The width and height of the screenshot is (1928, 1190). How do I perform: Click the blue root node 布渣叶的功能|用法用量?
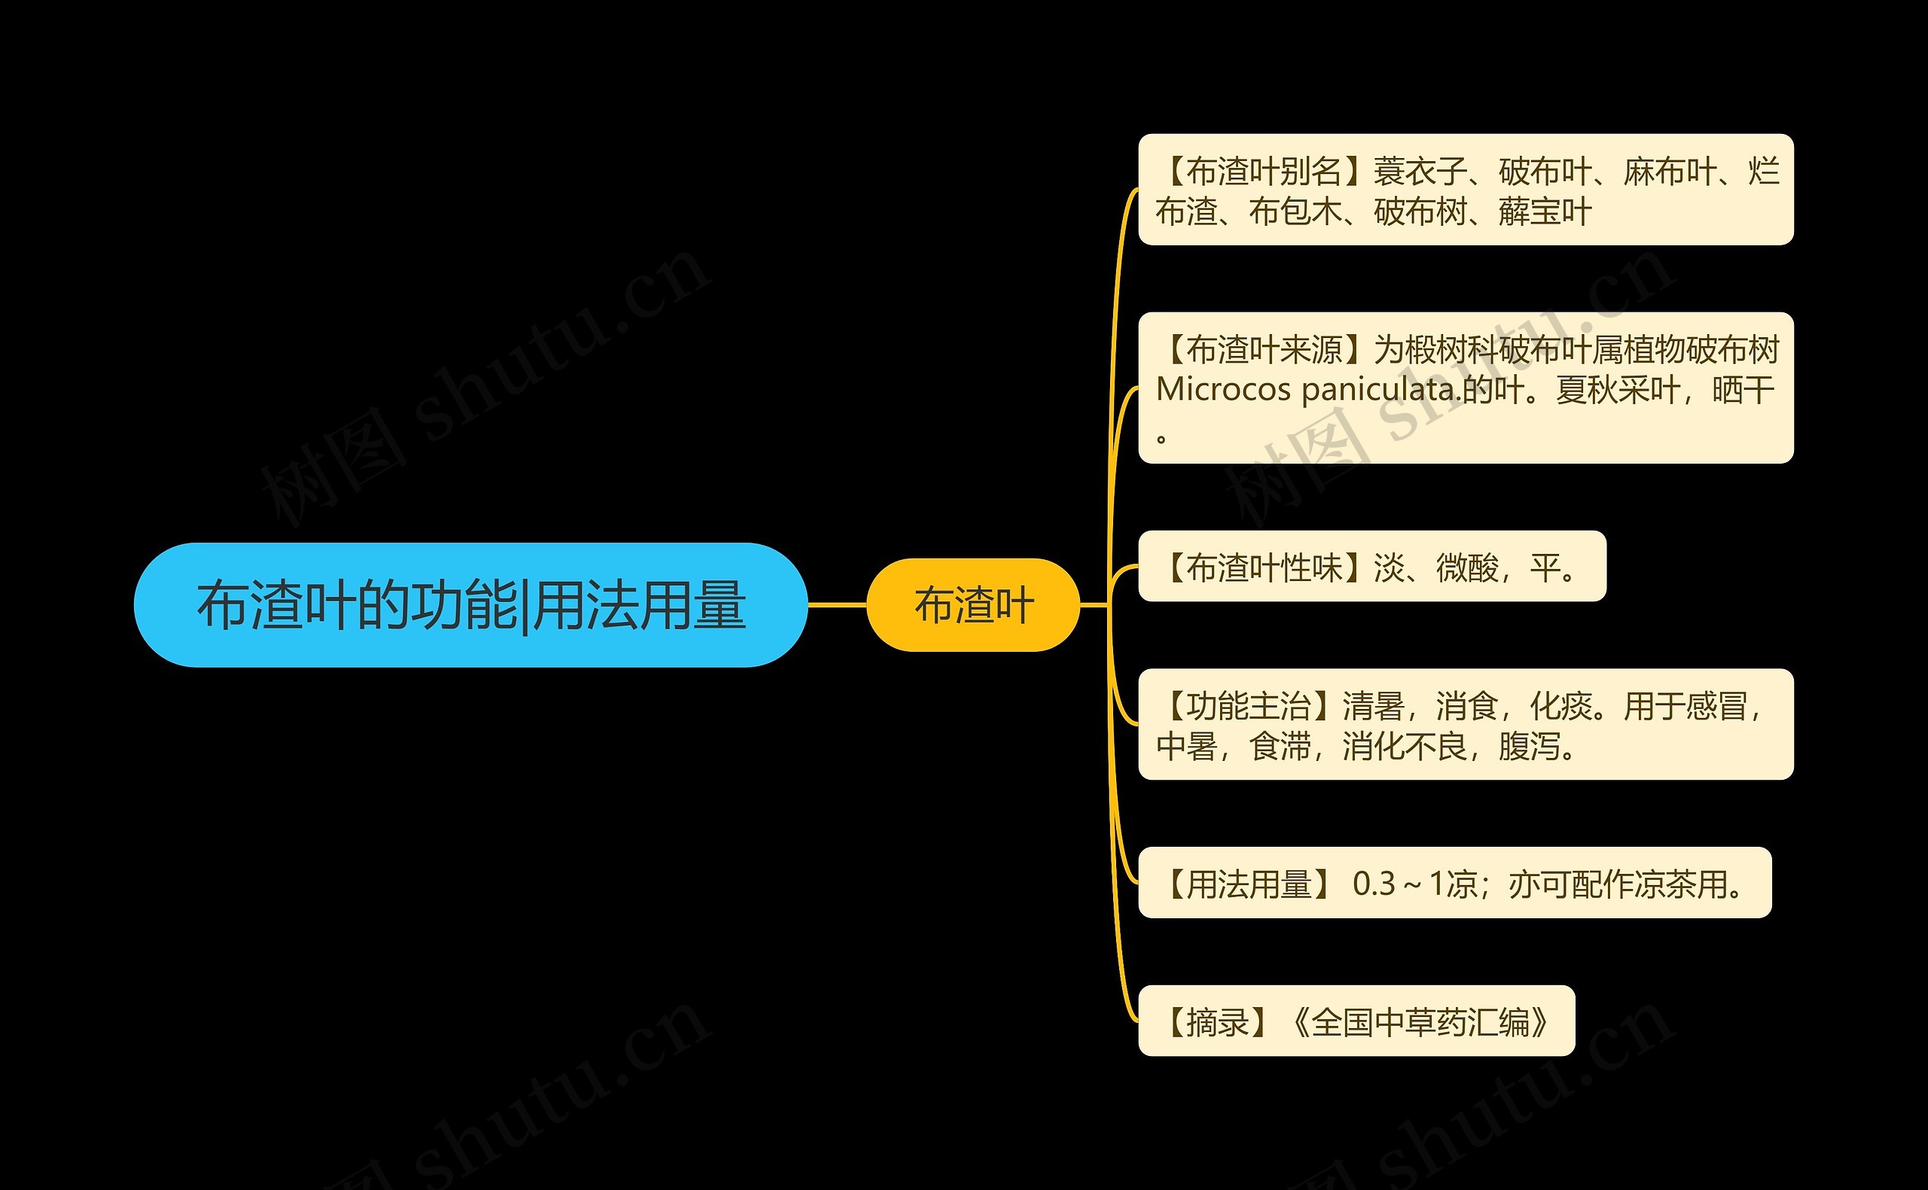pos(471,604)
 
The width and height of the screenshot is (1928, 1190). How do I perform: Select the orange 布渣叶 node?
pos(973,605)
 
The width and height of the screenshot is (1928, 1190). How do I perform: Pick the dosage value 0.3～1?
pos(1398,884)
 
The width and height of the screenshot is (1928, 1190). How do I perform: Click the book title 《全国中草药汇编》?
pos(1420,1022)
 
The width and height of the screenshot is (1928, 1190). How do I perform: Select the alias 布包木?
pos(1295,212)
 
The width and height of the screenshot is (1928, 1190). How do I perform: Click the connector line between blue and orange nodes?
pos(837,605)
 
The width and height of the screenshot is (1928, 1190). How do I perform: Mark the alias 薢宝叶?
pos(1545,212)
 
